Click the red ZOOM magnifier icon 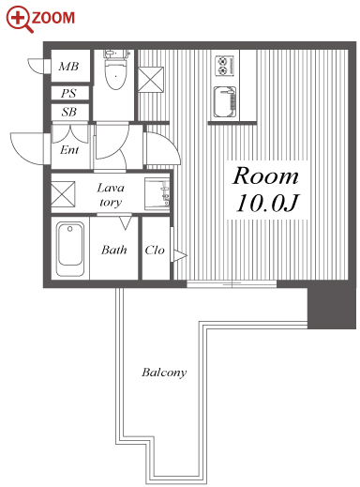click(20, 19)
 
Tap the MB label click(68, 67)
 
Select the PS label click(68, 93)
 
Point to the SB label click(68, 112)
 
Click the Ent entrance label click(69, 150)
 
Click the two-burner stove click(224, 66)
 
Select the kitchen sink click(225, 101)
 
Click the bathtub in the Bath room click(70, 249)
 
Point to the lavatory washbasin click(157, 194)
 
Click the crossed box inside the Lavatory click(63, 194)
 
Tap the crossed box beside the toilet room click(151, 80)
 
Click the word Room click(265, 176)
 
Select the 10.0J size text click(267, 203)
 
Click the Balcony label click(164, 373)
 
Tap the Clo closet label click(155, 250)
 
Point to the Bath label click(114, 250)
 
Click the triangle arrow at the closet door click(180, 255)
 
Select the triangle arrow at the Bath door click(126, 223)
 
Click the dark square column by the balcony click(332, 308)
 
